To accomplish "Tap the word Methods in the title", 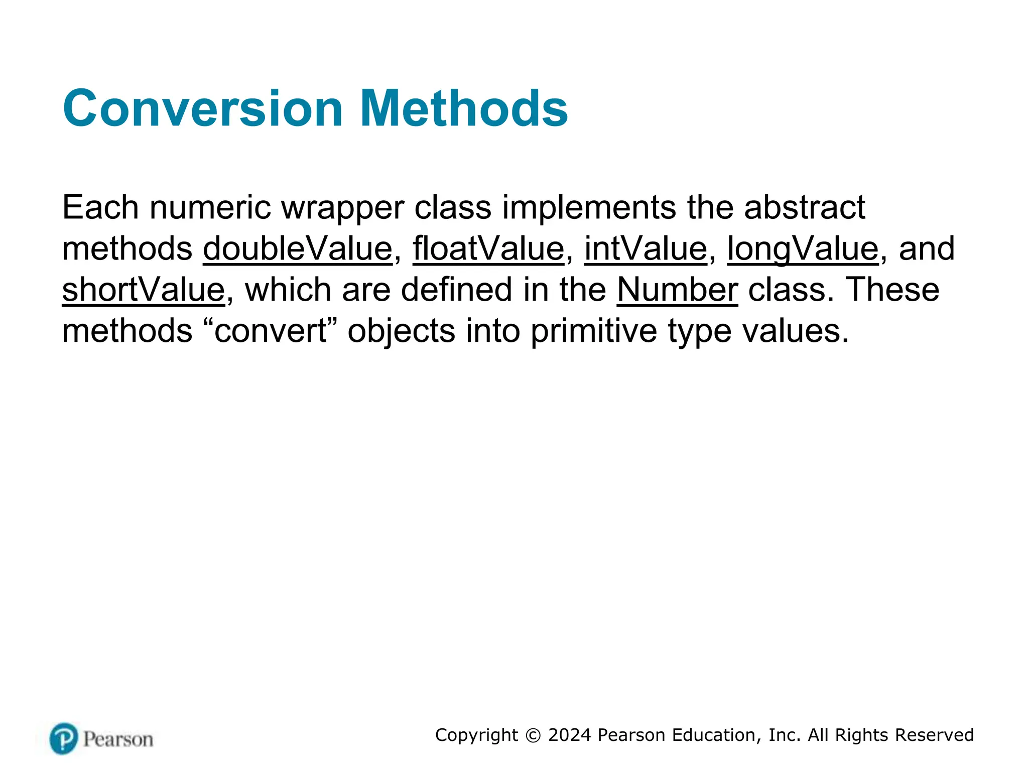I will coord(464,108).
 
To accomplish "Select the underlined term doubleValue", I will coord(298,249).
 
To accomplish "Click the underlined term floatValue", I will coord(488,249).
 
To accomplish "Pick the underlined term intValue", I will coord(646,249).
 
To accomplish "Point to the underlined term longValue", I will coord(803,249).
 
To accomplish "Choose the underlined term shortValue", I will coord(144,290).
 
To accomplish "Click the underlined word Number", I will coord(677,290).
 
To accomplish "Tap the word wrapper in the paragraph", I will coord(342,208).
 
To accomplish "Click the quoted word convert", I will coord(271,331).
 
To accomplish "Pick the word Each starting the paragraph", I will coord(100,208).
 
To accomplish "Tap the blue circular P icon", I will coord(64,738).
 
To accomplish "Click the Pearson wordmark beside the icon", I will coord(118,739).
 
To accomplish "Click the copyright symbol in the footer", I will coord(533,735).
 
